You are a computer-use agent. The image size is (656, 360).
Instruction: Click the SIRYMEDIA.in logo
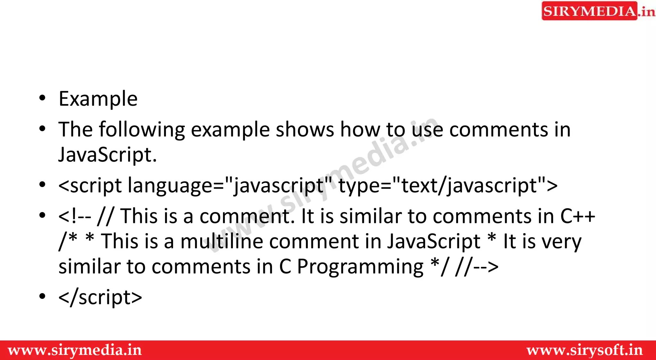pyautogui.click(x=598, y=11)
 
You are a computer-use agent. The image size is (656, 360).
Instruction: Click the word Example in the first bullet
pyautogui.click(x=98, y=99)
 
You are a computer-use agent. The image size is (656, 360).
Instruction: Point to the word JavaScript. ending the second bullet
pyautogui.click(x=108, y=155)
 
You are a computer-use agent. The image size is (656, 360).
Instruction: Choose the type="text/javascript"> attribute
pyautogui.click(x=448, y=186)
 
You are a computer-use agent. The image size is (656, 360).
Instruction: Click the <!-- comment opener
pyautogui.click(x=75, y=216)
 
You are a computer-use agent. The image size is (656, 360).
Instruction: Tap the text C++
pyautogui.click(x=578, y=216)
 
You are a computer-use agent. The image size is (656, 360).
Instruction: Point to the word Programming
pyautogui.click(x=360, y=267)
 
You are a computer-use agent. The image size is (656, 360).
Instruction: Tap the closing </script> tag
pyautogui.click(x=100, y=297)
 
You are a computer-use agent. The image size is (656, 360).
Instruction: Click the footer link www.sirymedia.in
pyautogui.click(x=75, y=350)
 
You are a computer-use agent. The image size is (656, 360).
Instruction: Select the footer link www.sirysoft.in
pyautogui.click(x=585, y=350)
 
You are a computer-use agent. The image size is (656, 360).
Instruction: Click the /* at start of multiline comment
pyautogui.click(x=68, y=241)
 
